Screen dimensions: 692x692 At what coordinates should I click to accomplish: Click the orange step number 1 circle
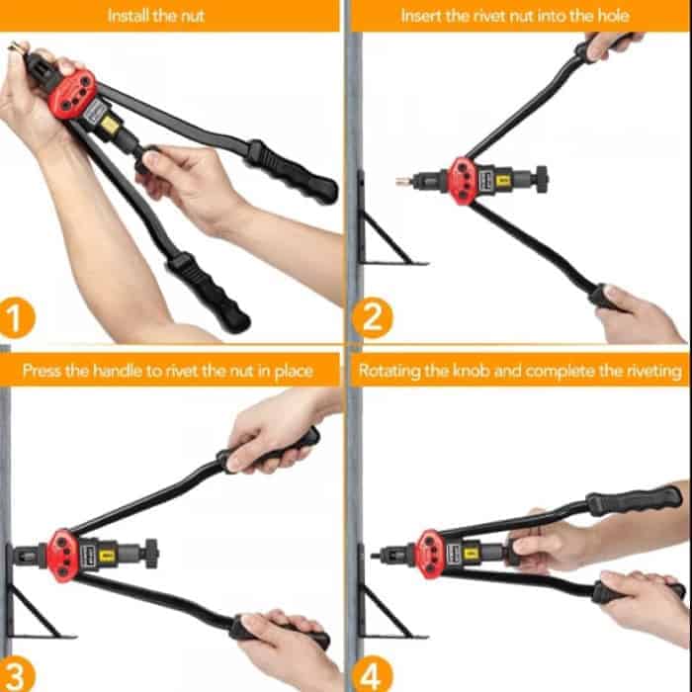[17, 317]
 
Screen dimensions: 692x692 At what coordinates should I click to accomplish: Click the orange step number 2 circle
[372, 317]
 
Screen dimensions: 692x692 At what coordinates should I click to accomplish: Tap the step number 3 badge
[17, 674]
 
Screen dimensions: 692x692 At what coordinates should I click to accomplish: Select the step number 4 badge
[372, 674]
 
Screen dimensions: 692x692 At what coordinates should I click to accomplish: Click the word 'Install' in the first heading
[128, 16]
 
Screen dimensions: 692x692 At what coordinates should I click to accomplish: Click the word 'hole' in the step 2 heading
[613, 16]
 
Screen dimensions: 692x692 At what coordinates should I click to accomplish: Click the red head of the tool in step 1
[72, 94]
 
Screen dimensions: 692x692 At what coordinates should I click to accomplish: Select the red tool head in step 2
[462, 181]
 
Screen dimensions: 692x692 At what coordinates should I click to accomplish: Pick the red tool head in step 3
[62, 555]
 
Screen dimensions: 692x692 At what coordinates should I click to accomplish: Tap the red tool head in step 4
[431, 555]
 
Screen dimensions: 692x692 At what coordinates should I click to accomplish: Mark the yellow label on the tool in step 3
[107, 556]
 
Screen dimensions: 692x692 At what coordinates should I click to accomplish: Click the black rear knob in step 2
[542, 179]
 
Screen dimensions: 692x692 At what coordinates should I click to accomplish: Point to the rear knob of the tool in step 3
[152, 554]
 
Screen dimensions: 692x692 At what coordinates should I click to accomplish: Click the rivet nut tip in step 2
[403, 181]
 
